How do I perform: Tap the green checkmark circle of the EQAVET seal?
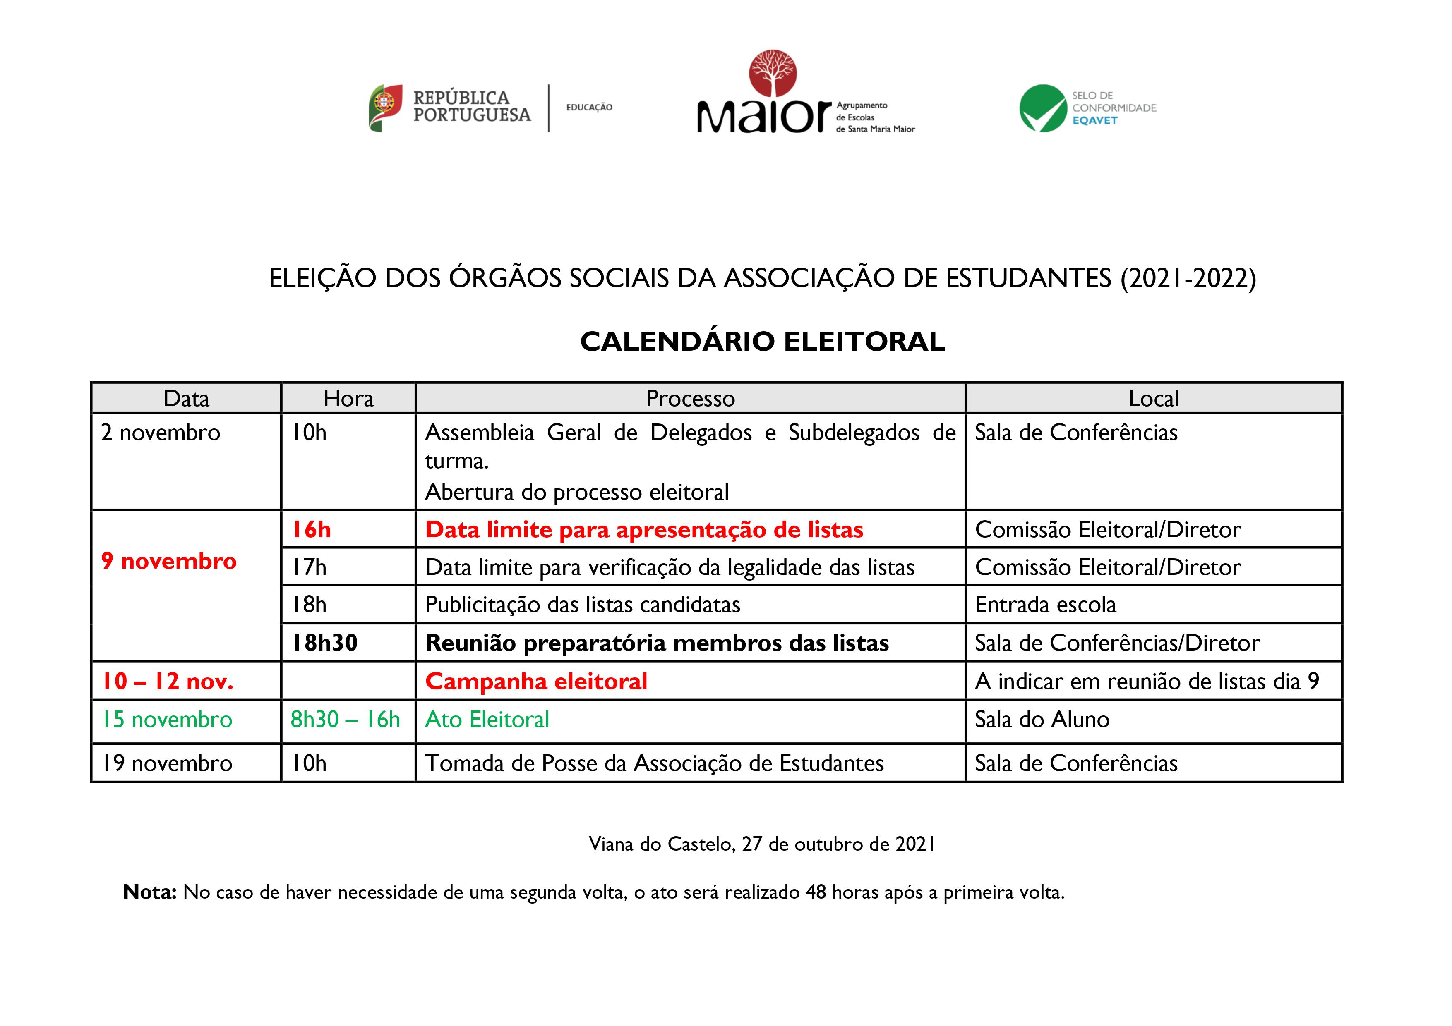1043,108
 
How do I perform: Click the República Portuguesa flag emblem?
385,108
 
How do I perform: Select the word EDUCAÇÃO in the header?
589,108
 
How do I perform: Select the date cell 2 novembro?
161,433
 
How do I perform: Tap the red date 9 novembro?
169,561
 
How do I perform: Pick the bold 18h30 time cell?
324,643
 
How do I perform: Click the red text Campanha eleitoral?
536,682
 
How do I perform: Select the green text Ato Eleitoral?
487,720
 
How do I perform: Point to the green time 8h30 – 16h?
345,720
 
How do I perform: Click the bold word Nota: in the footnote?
149,892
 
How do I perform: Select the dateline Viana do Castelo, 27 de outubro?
761,844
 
